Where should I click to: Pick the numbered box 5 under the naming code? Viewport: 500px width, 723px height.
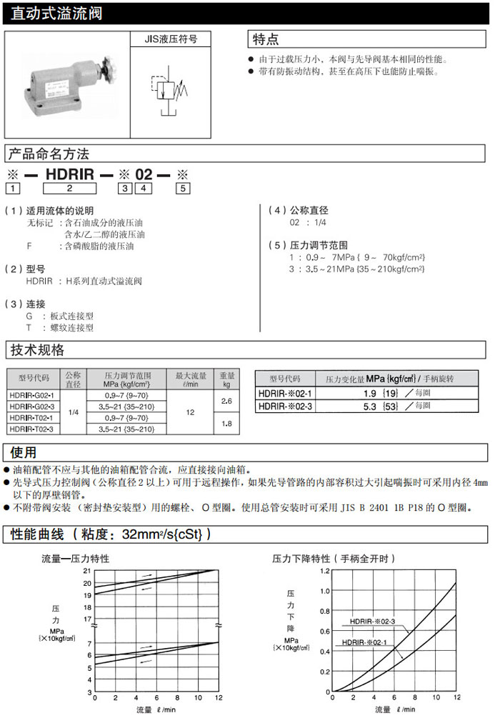click(x=183, y=189)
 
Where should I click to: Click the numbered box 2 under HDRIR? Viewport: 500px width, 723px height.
click(x=69, y=189)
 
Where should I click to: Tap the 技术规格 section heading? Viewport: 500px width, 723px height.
click(x=36, y=350)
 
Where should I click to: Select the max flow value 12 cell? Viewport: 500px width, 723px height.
click(x=190, y=412)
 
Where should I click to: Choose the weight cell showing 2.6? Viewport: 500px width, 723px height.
click(x=227, y=401)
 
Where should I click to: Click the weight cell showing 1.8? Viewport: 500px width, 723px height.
click(x=227, y=424)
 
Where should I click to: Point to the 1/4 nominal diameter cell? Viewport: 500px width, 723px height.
click(x=73, y=412)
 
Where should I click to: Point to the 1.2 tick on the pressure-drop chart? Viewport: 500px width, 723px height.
click(x=325, y=571)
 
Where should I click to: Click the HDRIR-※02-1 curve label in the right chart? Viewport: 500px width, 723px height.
click(x=364, y=642)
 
